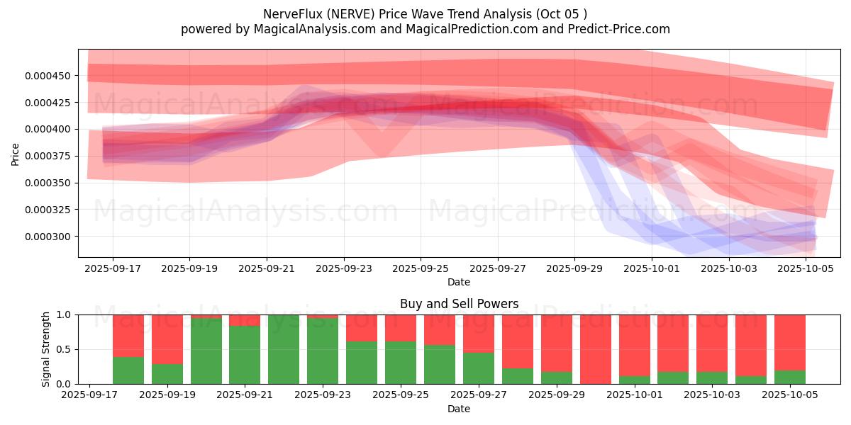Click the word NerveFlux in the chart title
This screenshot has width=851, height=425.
point(293,14)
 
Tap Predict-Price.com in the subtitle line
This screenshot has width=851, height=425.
point(619,29)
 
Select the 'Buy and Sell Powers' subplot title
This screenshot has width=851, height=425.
point(459,304)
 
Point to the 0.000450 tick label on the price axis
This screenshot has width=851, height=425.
point(48,76)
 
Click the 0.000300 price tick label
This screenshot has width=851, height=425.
point(48,237)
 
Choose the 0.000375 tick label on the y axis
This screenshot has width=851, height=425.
point(48,157)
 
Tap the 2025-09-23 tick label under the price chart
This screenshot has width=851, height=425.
point(344,268)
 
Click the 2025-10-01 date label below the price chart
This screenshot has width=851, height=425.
point(652,268)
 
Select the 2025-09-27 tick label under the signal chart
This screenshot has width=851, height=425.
point(478,395)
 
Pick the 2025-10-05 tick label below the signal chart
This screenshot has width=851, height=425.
point(790,395)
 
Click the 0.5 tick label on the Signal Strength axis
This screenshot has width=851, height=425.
point(63,349)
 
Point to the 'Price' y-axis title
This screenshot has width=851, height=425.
point(15,154)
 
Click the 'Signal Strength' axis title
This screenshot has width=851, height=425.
point(45,349)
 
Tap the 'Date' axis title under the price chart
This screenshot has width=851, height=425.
point(459,282)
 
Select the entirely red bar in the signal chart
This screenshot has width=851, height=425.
point(596,349)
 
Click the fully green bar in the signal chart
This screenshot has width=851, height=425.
point(284,349)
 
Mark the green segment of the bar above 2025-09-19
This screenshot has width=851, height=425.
point(167,374)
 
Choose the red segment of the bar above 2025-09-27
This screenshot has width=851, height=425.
point(479,334)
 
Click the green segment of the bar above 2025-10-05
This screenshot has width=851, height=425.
point(790,377)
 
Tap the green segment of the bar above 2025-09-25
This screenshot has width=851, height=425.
point(401,363)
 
